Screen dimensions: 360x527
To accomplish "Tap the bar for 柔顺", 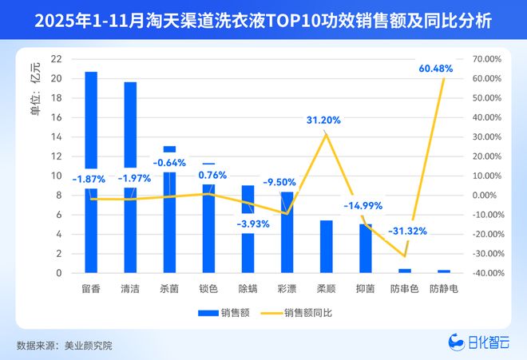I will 326,247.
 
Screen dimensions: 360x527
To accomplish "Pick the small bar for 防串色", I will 404,271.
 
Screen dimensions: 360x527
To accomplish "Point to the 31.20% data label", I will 323,120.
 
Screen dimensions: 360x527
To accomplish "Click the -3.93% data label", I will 252,224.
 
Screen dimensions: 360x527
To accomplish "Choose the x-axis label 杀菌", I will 169,288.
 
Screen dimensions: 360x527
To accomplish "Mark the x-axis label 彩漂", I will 287,288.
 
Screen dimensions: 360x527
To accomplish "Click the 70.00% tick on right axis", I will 486,59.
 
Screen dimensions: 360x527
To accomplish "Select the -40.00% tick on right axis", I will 486,273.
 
